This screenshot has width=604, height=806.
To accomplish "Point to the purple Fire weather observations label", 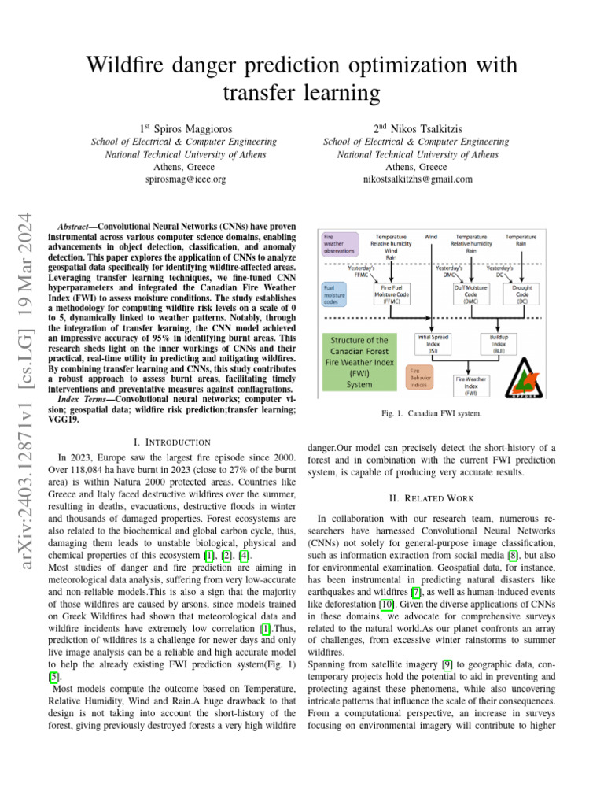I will click(340, 243).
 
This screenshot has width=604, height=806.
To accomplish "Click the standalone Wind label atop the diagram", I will click(431, 236).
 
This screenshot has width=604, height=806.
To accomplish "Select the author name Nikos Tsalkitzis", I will click(429, 128).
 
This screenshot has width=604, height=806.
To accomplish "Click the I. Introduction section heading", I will click(172, 442).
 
